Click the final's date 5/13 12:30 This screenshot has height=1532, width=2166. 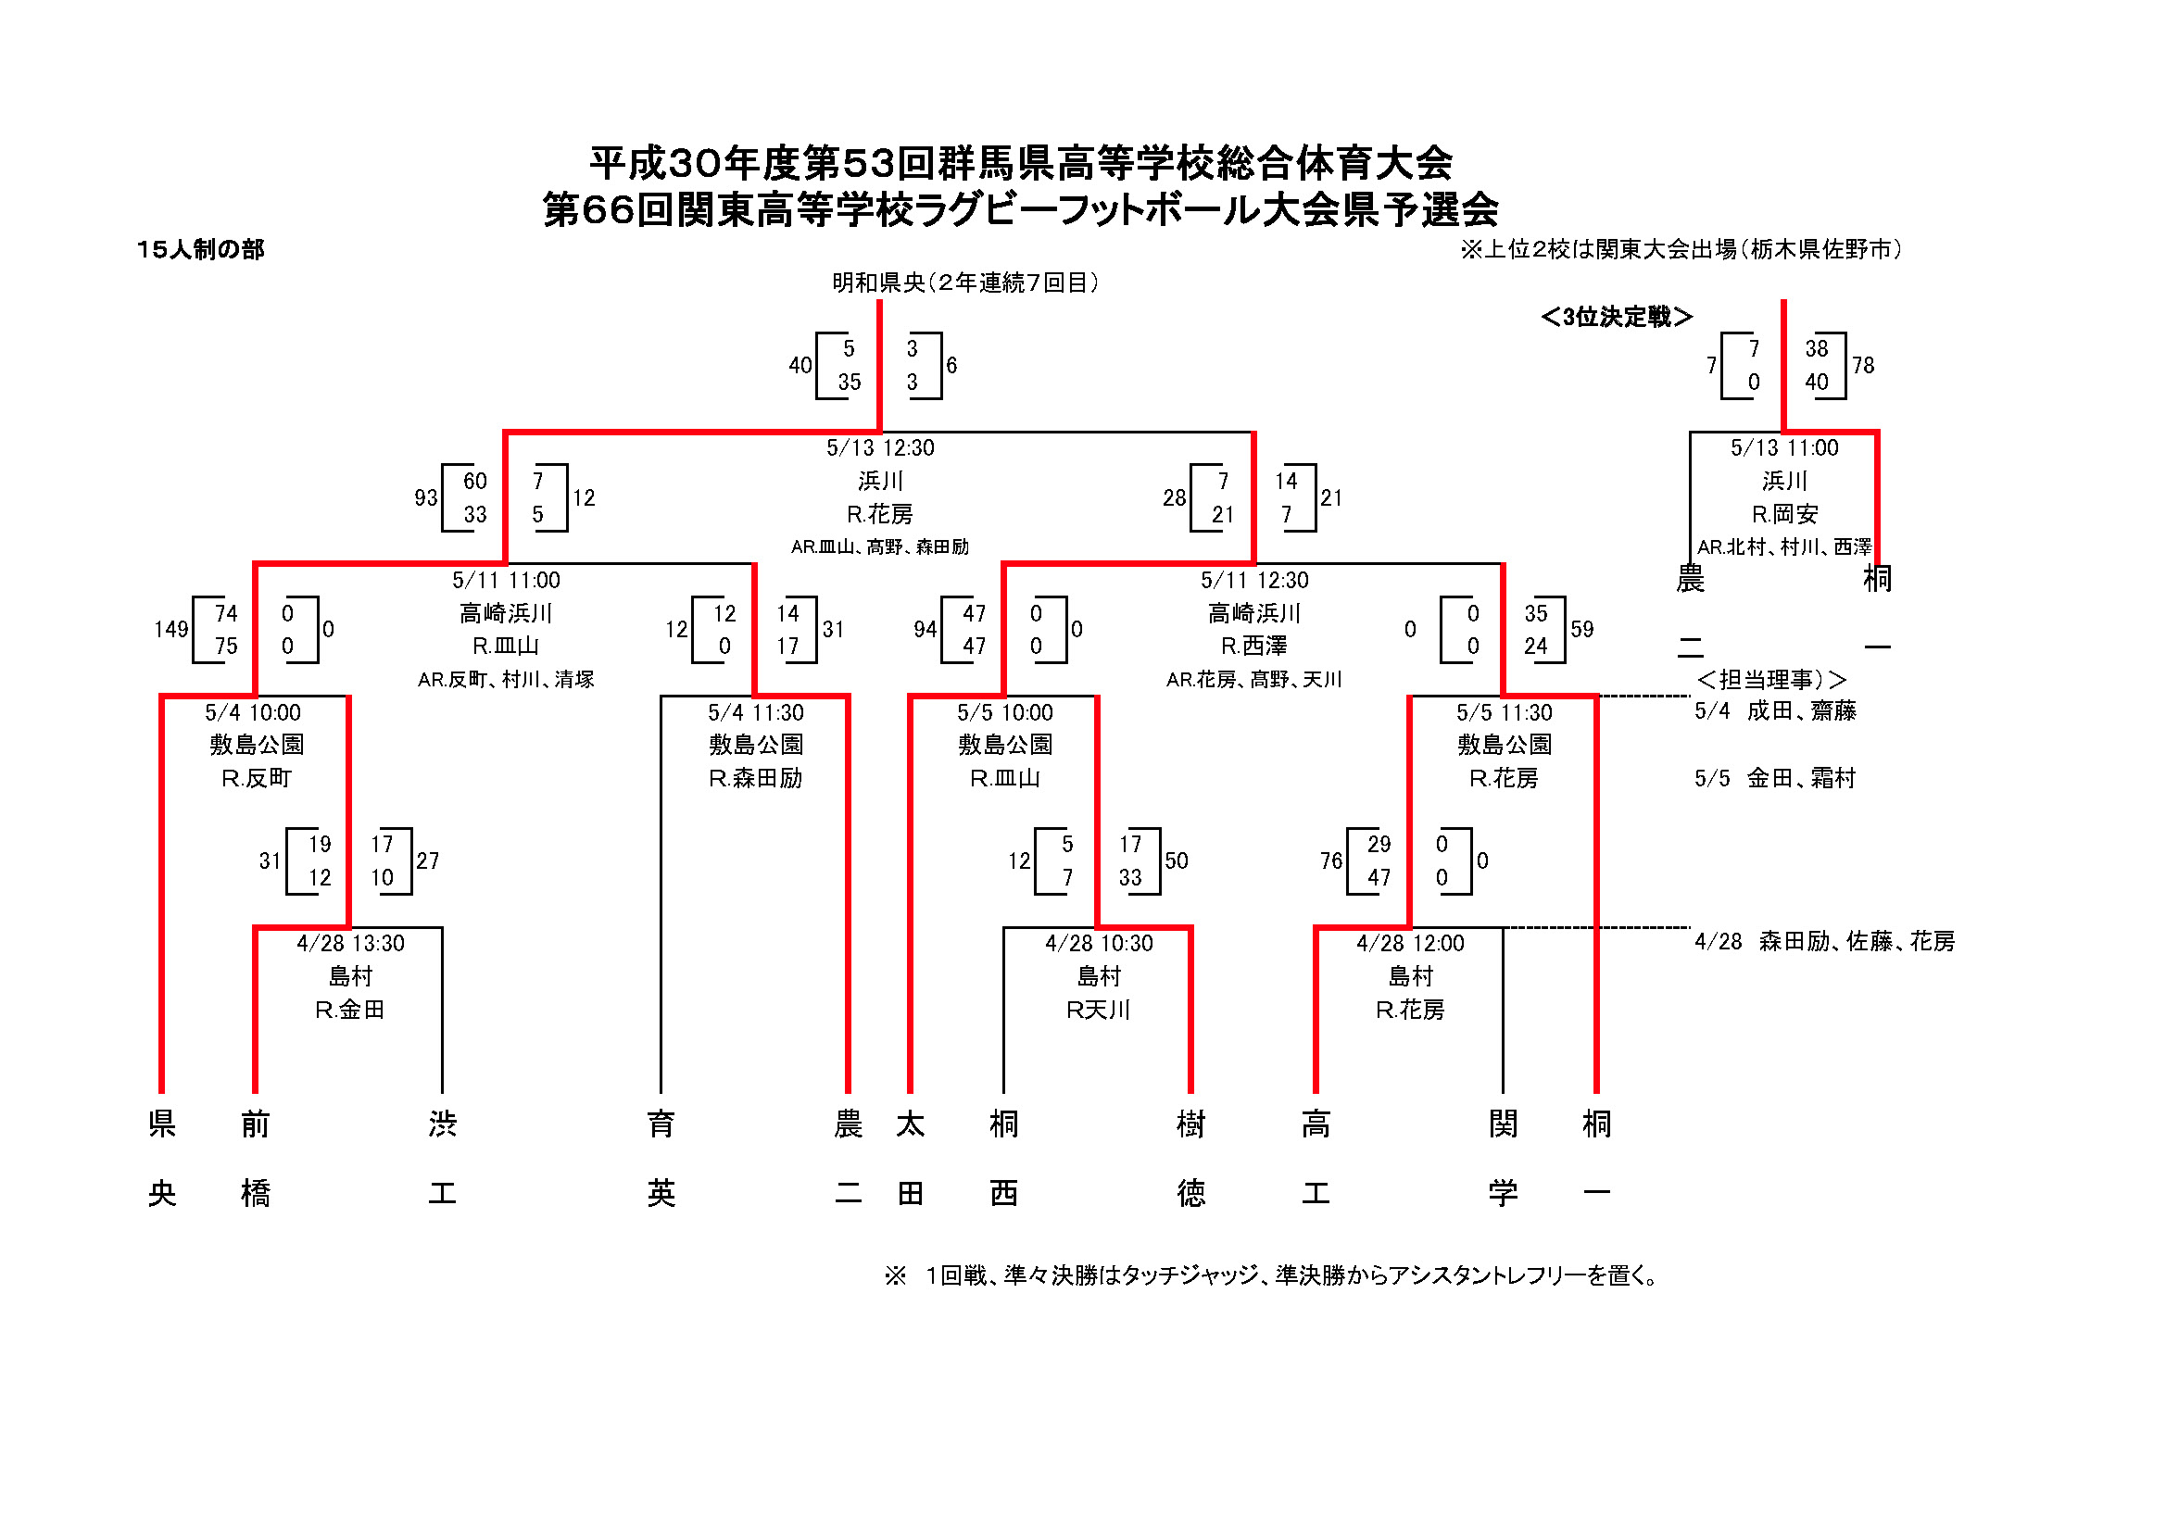tap(879, 448)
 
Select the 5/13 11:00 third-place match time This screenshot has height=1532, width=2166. tap(1783, 448)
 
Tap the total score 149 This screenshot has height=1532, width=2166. tap(170, 629)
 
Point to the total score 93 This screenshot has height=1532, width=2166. tap(425, 497)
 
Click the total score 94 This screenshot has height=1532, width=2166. tap(925, 629)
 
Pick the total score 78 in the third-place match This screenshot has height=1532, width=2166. tap(1862, 365)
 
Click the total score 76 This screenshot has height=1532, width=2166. tap(1330, 860)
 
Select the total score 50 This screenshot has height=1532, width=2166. tap(1176, 860)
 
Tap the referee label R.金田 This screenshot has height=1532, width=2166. tap(349, 1010)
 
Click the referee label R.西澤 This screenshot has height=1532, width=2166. tap(1253, 647)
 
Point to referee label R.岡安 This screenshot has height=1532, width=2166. tap(1783, 514)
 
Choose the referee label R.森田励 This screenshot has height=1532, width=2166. tap(755, 778)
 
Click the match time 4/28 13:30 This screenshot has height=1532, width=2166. tap(350, 943)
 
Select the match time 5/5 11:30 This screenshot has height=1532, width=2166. tap(1503, 712)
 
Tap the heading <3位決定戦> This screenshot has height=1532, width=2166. tap(1616, 317)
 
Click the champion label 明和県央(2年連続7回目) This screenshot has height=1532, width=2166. tap(964, 283)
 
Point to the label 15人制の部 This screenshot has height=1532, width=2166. tap(200, 249)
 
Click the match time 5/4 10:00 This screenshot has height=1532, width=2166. tap(253, 712)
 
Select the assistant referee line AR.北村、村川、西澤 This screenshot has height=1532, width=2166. tap(1783, 547)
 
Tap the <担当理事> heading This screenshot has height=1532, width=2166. tap(1769, 679)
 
